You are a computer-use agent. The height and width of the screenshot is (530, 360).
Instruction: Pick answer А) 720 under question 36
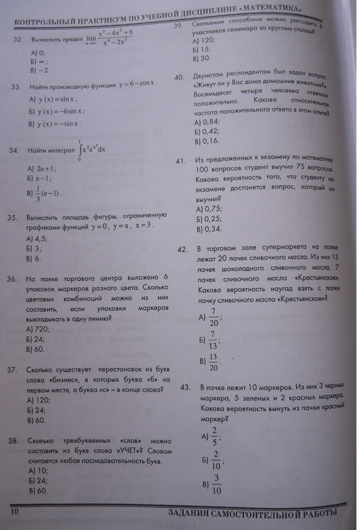tap(38, 329)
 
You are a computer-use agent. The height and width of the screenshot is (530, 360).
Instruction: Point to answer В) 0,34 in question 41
tap(209, 230)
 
